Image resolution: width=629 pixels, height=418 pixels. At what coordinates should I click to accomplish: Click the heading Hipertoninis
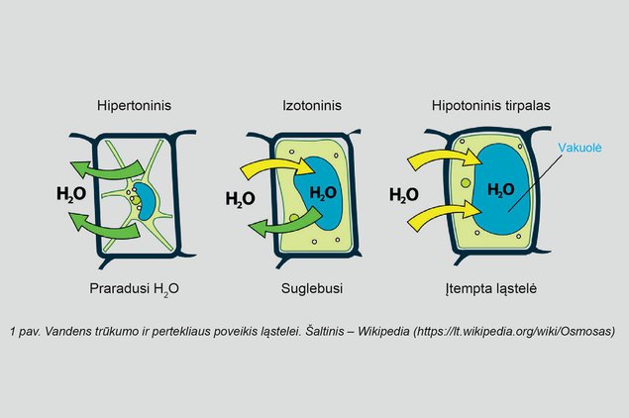pyautogui.click(x=134, y=106)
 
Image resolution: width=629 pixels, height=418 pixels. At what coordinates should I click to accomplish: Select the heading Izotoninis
pyautogui.click(x=312, y=106)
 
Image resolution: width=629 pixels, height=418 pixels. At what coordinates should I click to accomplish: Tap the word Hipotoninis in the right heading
pyautogui.click(x=465, y=106)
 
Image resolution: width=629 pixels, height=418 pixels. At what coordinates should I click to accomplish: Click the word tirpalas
pyautogui.click(x=525, y=106)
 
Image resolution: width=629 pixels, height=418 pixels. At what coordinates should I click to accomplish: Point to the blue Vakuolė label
pyautogui.click(x=579, y=148)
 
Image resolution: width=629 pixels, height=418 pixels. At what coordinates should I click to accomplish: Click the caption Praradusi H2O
pyautogui.click(x=134, y=289)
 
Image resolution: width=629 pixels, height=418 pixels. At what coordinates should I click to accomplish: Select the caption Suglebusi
pyautogui.click(x=312, y=289)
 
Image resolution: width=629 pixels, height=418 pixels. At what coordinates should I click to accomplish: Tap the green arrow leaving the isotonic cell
pyautogui.click(x=285, y=226)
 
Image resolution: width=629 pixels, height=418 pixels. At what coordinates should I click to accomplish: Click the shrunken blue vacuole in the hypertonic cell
pyautogui.click(x=146, y=201)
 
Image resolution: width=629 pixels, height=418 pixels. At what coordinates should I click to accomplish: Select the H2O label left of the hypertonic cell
pyautogui.click(x=71, y=194)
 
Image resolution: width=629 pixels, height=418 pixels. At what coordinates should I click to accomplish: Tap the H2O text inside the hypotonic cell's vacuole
pyautogui.click(x=500, y=190)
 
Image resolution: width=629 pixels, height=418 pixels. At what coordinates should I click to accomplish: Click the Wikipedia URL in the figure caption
pyautogui.click(x=514, y=332)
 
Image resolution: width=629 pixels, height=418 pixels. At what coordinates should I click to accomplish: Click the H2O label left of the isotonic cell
pyautogui.click(x=241, y=199)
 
